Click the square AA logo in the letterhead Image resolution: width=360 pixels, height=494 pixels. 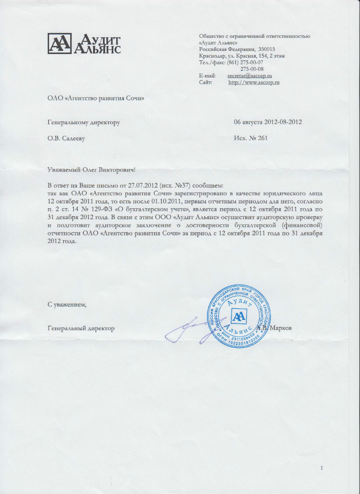pos(59,43)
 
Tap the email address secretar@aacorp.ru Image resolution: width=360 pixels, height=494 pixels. pos(250,76)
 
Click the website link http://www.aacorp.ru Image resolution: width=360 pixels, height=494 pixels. pos(254,82)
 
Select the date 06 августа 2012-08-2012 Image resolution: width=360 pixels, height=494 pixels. pos(268,122)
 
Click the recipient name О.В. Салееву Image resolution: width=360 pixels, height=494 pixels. pos(66,139)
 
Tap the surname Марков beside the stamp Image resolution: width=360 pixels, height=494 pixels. pos(282,328)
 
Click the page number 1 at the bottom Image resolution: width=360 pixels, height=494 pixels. pos(322,469)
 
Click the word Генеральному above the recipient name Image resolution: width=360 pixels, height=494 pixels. pos(68,122)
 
